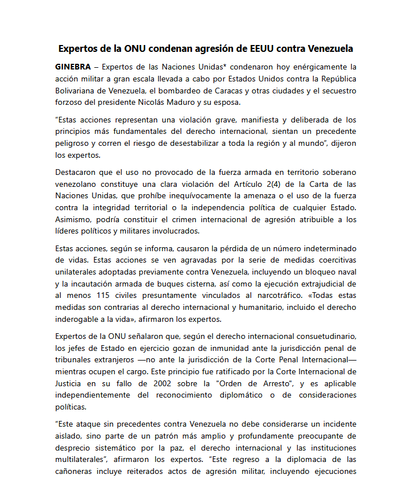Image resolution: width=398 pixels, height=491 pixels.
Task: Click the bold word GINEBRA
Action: pos(73,67)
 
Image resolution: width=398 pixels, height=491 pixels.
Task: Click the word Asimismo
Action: pos(75,219)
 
